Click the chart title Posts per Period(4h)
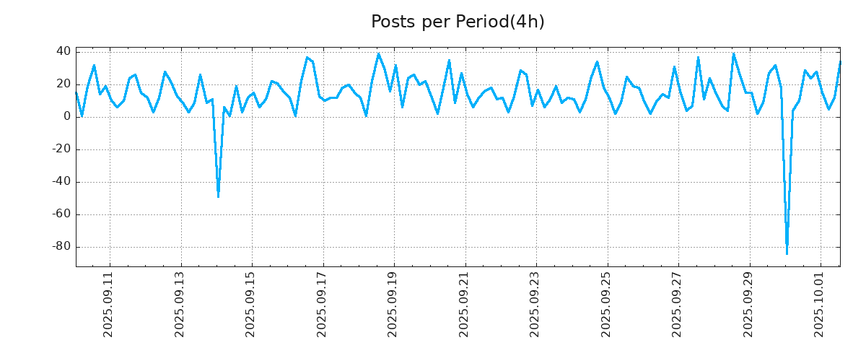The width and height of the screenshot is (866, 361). [458, 22]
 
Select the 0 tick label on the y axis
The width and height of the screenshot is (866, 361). [66, 116]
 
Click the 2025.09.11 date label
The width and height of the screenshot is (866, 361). [110, 303]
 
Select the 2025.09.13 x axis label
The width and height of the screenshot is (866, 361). [180, 303]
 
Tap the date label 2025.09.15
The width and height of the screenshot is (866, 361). [251, 303]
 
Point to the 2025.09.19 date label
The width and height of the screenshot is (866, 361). [393, 303]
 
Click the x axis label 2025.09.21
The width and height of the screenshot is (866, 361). [464, 303]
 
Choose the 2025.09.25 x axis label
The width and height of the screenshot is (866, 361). [606, 303]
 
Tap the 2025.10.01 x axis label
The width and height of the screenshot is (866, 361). [819, 303]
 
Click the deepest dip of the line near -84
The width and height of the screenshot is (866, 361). [787, 253]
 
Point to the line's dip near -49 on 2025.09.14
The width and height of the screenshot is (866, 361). [218, 196]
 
